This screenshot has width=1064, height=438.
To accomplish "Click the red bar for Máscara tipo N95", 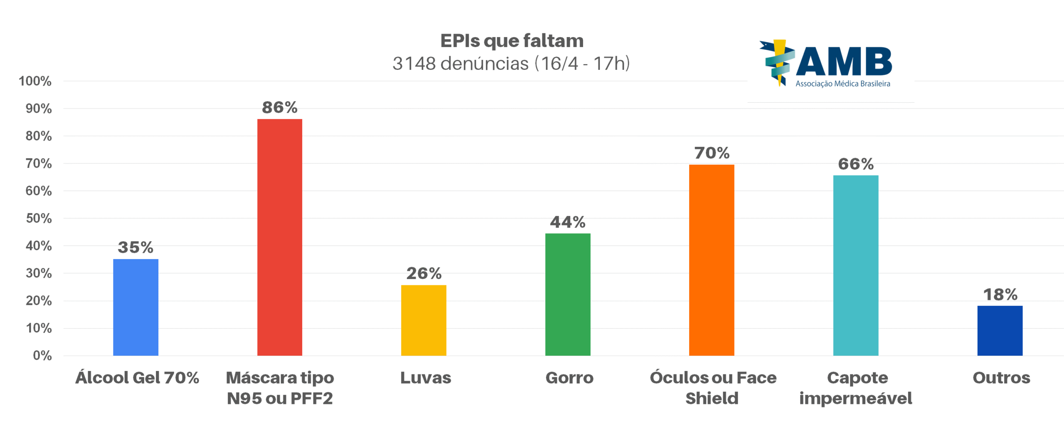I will pyautogui.click(x=279, y=237).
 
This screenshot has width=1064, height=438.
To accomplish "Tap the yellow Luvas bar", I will pyautogui.click(x=424, y=320).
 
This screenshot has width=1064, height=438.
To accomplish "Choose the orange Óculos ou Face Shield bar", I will pyautogui.click(x=711, y=260).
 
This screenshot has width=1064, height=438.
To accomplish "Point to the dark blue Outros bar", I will pyautogui.click(x=999, y=330).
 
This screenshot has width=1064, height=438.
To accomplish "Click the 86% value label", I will pyautogui.click(x=279, y=107).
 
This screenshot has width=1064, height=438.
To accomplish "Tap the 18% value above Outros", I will pyautogui.click(x=1000, y=294).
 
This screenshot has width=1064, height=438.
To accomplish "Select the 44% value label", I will pyautogui.click(x=567, y=222).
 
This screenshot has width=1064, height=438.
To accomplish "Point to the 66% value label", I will pyautogui.click(x=855, y=164).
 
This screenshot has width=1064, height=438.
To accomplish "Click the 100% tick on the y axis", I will pyautogui.click(x=35, y=81).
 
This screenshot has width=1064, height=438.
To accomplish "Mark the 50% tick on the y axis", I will pyautogui.click(x=39, y=218).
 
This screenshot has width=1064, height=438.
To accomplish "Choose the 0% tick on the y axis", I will pyautogui.click(x=42, y=355).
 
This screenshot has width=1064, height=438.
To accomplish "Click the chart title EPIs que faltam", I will pyautogui.click(x=512, y=41).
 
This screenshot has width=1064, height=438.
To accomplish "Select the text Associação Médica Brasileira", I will pyautogui.click(x=842, y=84).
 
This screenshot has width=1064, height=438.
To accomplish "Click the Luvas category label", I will pyautogui.click(x=425, y=378).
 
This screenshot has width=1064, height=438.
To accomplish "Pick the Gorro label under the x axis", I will pyautogui.click(x=569, y=378).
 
